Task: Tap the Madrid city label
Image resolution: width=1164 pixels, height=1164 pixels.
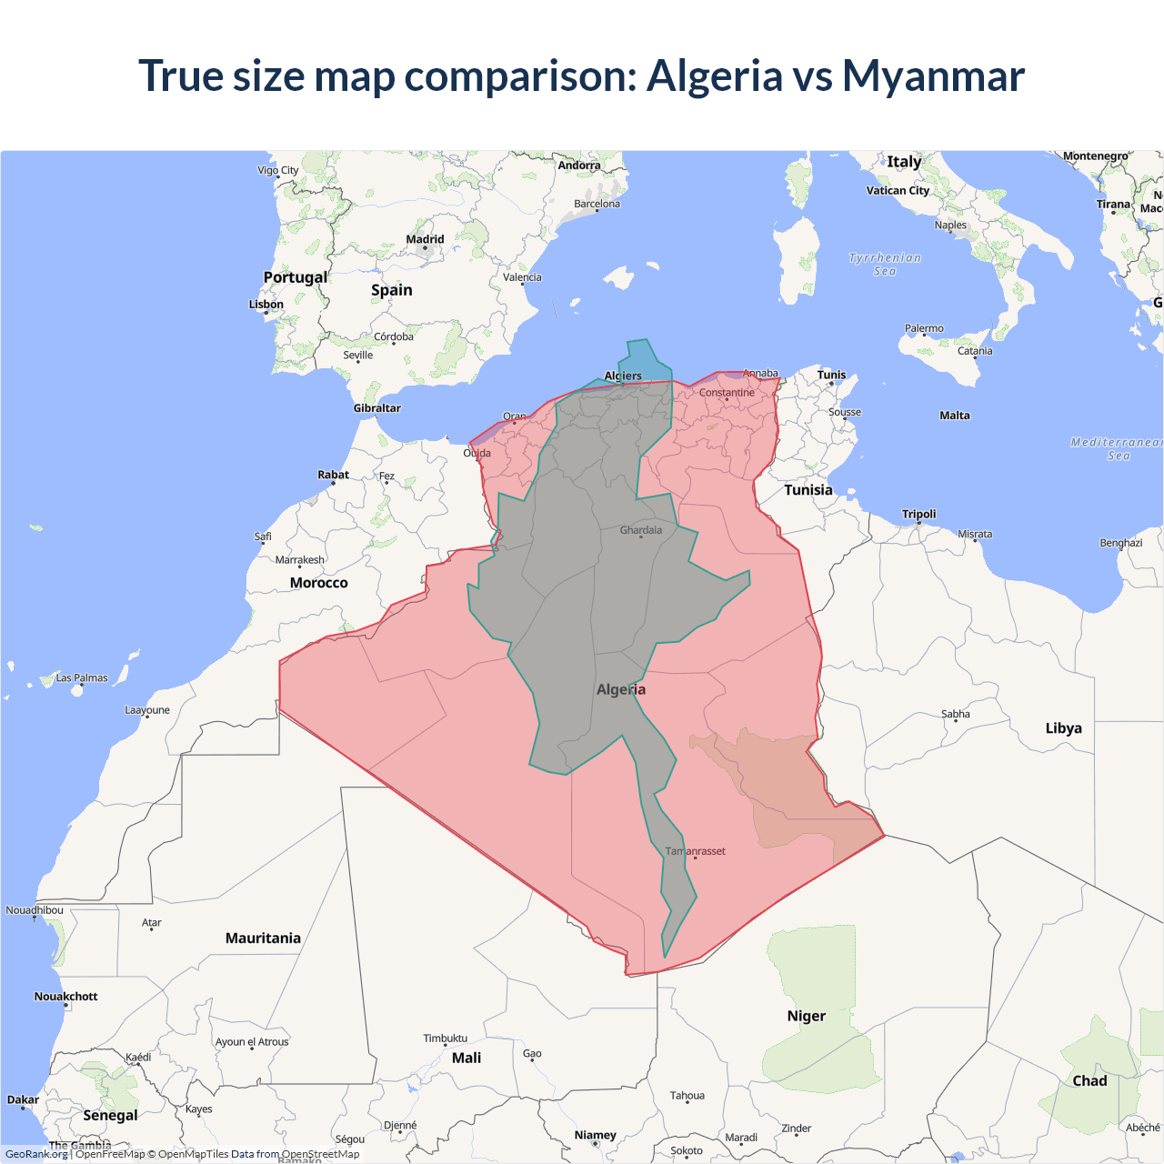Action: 425,240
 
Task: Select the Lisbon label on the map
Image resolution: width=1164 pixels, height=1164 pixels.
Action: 266,305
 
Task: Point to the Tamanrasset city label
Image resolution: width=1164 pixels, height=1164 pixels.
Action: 696,851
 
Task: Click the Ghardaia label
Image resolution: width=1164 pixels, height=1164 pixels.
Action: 641,530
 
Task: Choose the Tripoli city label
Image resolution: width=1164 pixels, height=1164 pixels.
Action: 918,515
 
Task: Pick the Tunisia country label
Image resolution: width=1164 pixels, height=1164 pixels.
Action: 808,490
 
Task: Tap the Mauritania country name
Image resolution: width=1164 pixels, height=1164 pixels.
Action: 263,938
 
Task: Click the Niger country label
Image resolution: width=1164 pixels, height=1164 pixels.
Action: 807,1017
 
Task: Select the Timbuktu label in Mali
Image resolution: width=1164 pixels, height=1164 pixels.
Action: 446,1039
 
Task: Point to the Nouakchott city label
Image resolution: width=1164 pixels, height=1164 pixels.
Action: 65,997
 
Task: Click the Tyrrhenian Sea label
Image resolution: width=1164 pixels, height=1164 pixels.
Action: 885,265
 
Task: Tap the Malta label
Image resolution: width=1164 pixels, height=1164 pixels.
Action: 955,416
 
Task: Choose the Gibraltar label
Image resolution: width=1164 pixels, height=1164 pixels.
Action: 377,408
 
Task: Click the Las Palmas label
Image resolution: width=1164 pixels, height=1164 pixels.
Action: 82,678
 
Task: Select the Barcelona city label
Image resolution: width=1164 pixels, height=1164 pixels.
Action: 597,205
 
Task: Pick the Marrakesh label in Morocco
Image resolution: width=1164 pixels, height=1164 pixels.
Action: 300,560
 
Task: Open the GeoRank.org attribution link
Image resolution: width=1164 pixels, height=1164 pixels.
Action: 36,1154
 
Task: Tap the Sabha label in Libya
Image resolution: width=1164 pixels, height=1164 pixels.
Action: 956,715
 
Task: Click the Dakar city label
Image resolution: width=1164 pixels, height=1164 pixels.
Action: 23,1100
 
